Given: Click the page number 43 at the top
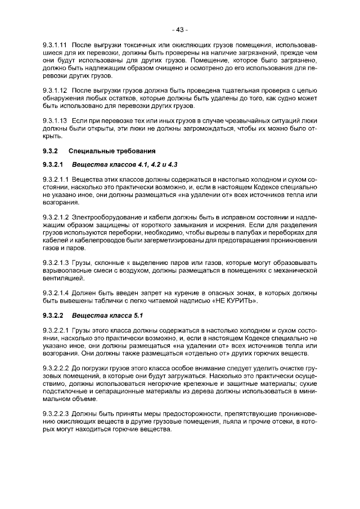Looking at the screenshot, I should (179, 29).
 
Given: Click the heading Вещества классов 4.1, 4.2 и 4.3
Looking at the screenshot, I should (125, 165).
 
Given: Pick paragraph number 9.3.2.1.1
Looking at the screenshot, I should (55, 179).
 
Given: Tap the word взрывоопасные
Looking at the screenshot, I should (67, 271).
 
